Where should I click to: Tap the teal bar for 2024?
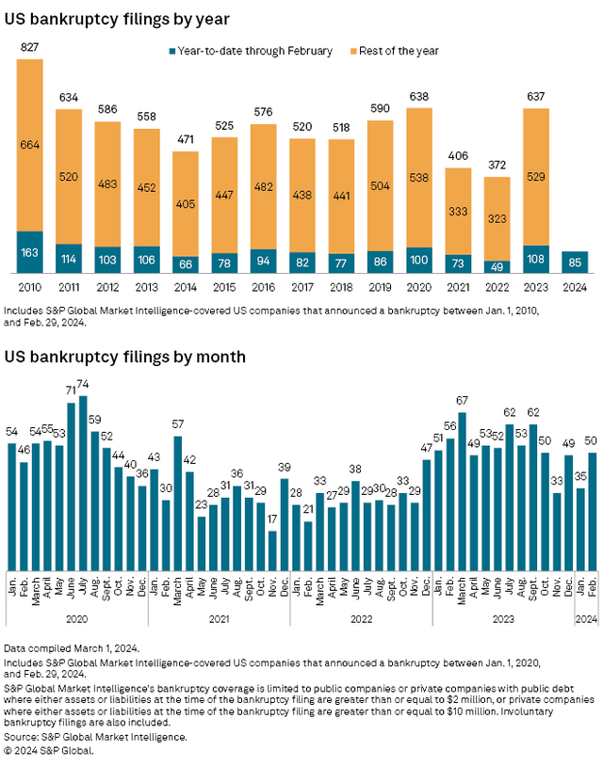(575, 263)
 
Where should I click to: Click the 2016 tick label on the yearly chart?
(264, 287)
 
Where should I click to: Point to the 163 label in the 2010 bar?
(30, 253)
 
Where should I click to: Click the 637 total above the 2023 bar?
(536, 96)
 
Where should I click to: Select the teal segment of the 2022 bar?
(497, 267)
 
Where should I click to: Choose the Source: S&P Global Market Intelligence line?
(95, 737)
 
